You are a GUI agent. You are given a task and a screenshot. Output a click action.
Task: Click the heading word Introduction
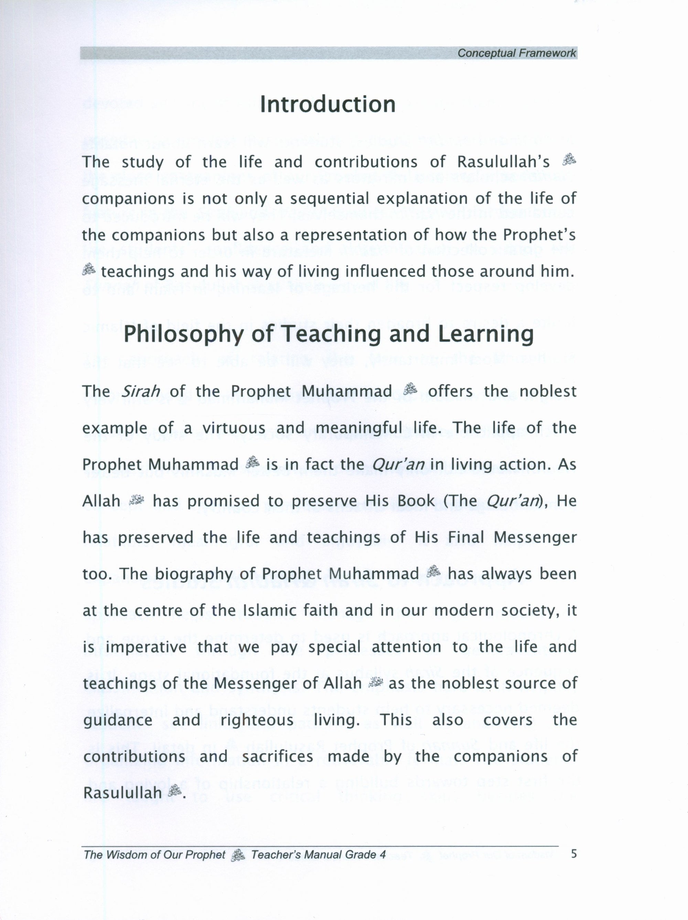point(327,105)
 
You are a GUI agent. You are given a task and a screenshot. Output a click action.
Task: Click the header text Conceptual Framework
point(517,53)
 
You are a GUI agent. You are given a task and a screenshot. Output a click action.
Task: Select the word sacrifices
point(277,757)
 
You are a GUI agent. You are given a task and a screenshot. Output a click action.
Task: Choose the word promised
point(224,501)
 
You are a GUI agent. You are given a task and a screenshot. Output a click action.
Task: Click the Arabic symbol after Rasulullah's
point(569,160)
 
